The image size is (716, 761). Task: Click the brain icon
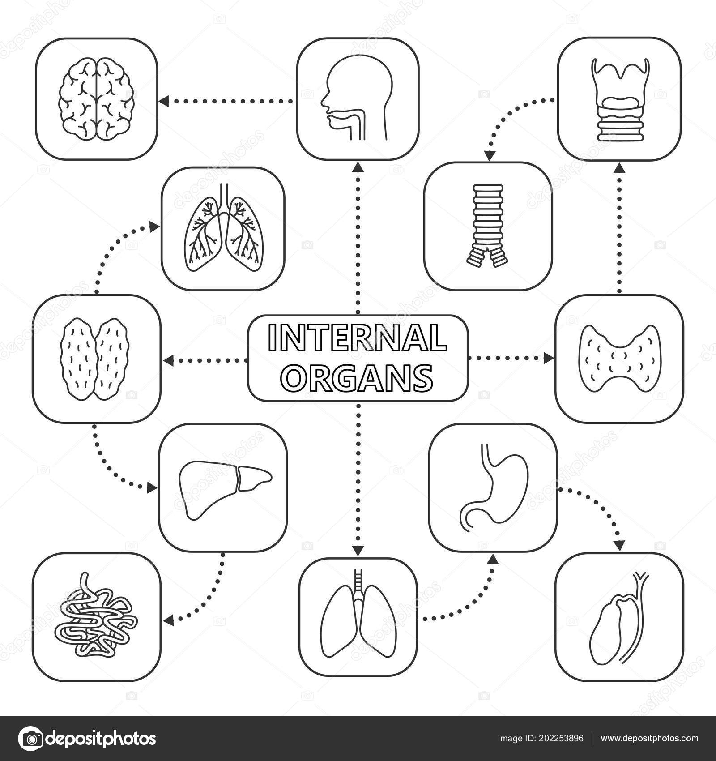coord(97,99)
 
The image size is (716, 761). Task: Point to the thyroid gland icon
coord(619,358)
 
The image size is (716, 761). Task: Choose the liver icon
coord(225,491)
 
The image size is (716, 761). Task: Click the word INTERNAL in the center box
coord(357,338)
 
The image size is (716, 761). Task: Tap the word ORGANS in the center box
coord(358,377)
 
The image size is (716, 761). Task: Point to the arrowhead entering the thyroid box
coord(549,358)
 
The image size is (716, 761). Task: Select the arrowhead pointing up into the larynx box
coord(619,167)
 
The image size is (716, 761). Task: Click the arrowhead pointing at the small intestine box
coord(168,620)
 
